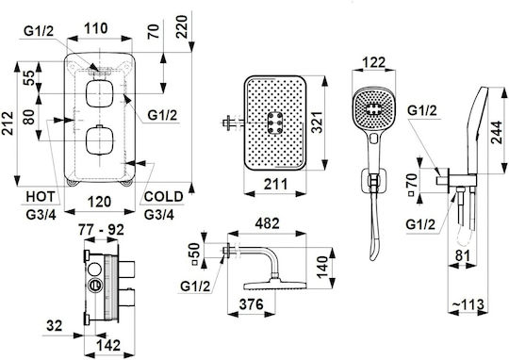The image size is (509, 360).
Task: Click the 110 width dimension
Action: pos(96,28)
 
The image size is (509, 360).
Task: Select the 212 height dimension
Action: pos(8,123)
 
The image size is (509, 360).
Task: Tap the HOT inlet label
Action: pos(41,197)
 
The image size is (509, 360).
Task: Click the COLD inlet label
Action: pos(164,197)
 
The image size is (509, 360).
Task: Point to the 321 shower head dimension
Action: pos(317,123)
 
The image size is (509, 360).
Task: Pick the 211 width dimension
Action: pos(276,185)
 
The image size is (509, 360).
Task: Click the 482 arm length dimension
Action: pos(267,223)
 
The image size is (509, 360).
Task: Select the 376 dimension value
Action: pos(252,304)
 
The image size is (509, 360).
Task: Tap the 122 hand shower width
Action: pos(374,62)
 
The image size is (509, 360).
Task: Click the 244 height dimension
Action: pos(497,132)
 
